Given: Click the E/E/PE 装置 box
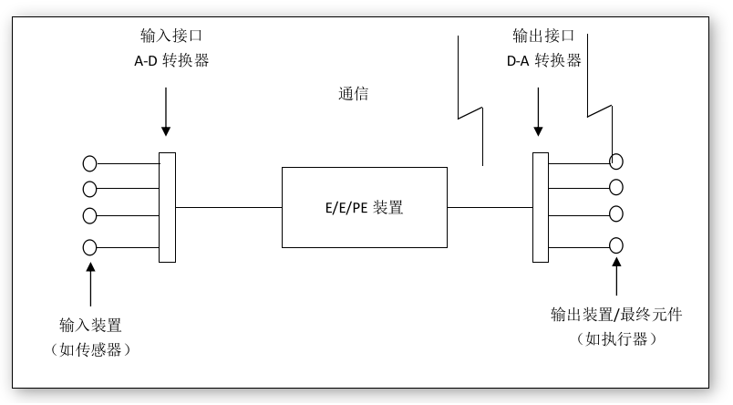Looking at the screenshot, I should pyautogui.click(x=365, y=207).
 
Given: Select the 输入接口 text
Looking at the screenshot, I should pyautogui.click(x=166, y=36).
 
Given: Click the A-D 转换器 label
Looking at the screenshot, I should pyautogui.click(x=166, y=61).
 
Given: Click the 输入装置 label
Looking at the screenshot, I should pyautogui.click(x=91, y=325).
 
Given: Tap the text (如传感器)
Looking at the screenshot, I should pyautogui.click(x=91, y=348).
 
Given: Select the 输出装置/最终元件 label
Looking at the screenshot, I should pyautogui.click(x=616, y=315).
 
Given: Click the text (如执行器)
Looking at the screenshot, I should pyautogui.click(x=616, y=338).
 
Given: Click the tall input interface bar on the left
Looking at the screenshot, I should pyautogui.click(x=167, y=207).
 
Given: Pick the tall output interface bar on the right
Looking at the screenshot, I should pyautogui.click(x=540, y=207).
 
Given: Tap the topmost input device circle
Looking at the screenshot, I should pyautogui.click(x=89, y=164).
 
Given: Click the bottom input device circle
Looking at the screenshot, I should pyautogui.click(x=89, y=246).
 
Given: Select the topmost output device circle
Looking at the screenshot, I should pyautogui.click(x=617, y=161).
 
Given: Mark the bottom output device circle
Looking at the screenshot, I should pyautogui.click(x=617, y=244).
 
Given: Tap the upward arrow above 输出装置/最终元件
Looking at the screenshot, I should pyautogui.click(x=617, y=278).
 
